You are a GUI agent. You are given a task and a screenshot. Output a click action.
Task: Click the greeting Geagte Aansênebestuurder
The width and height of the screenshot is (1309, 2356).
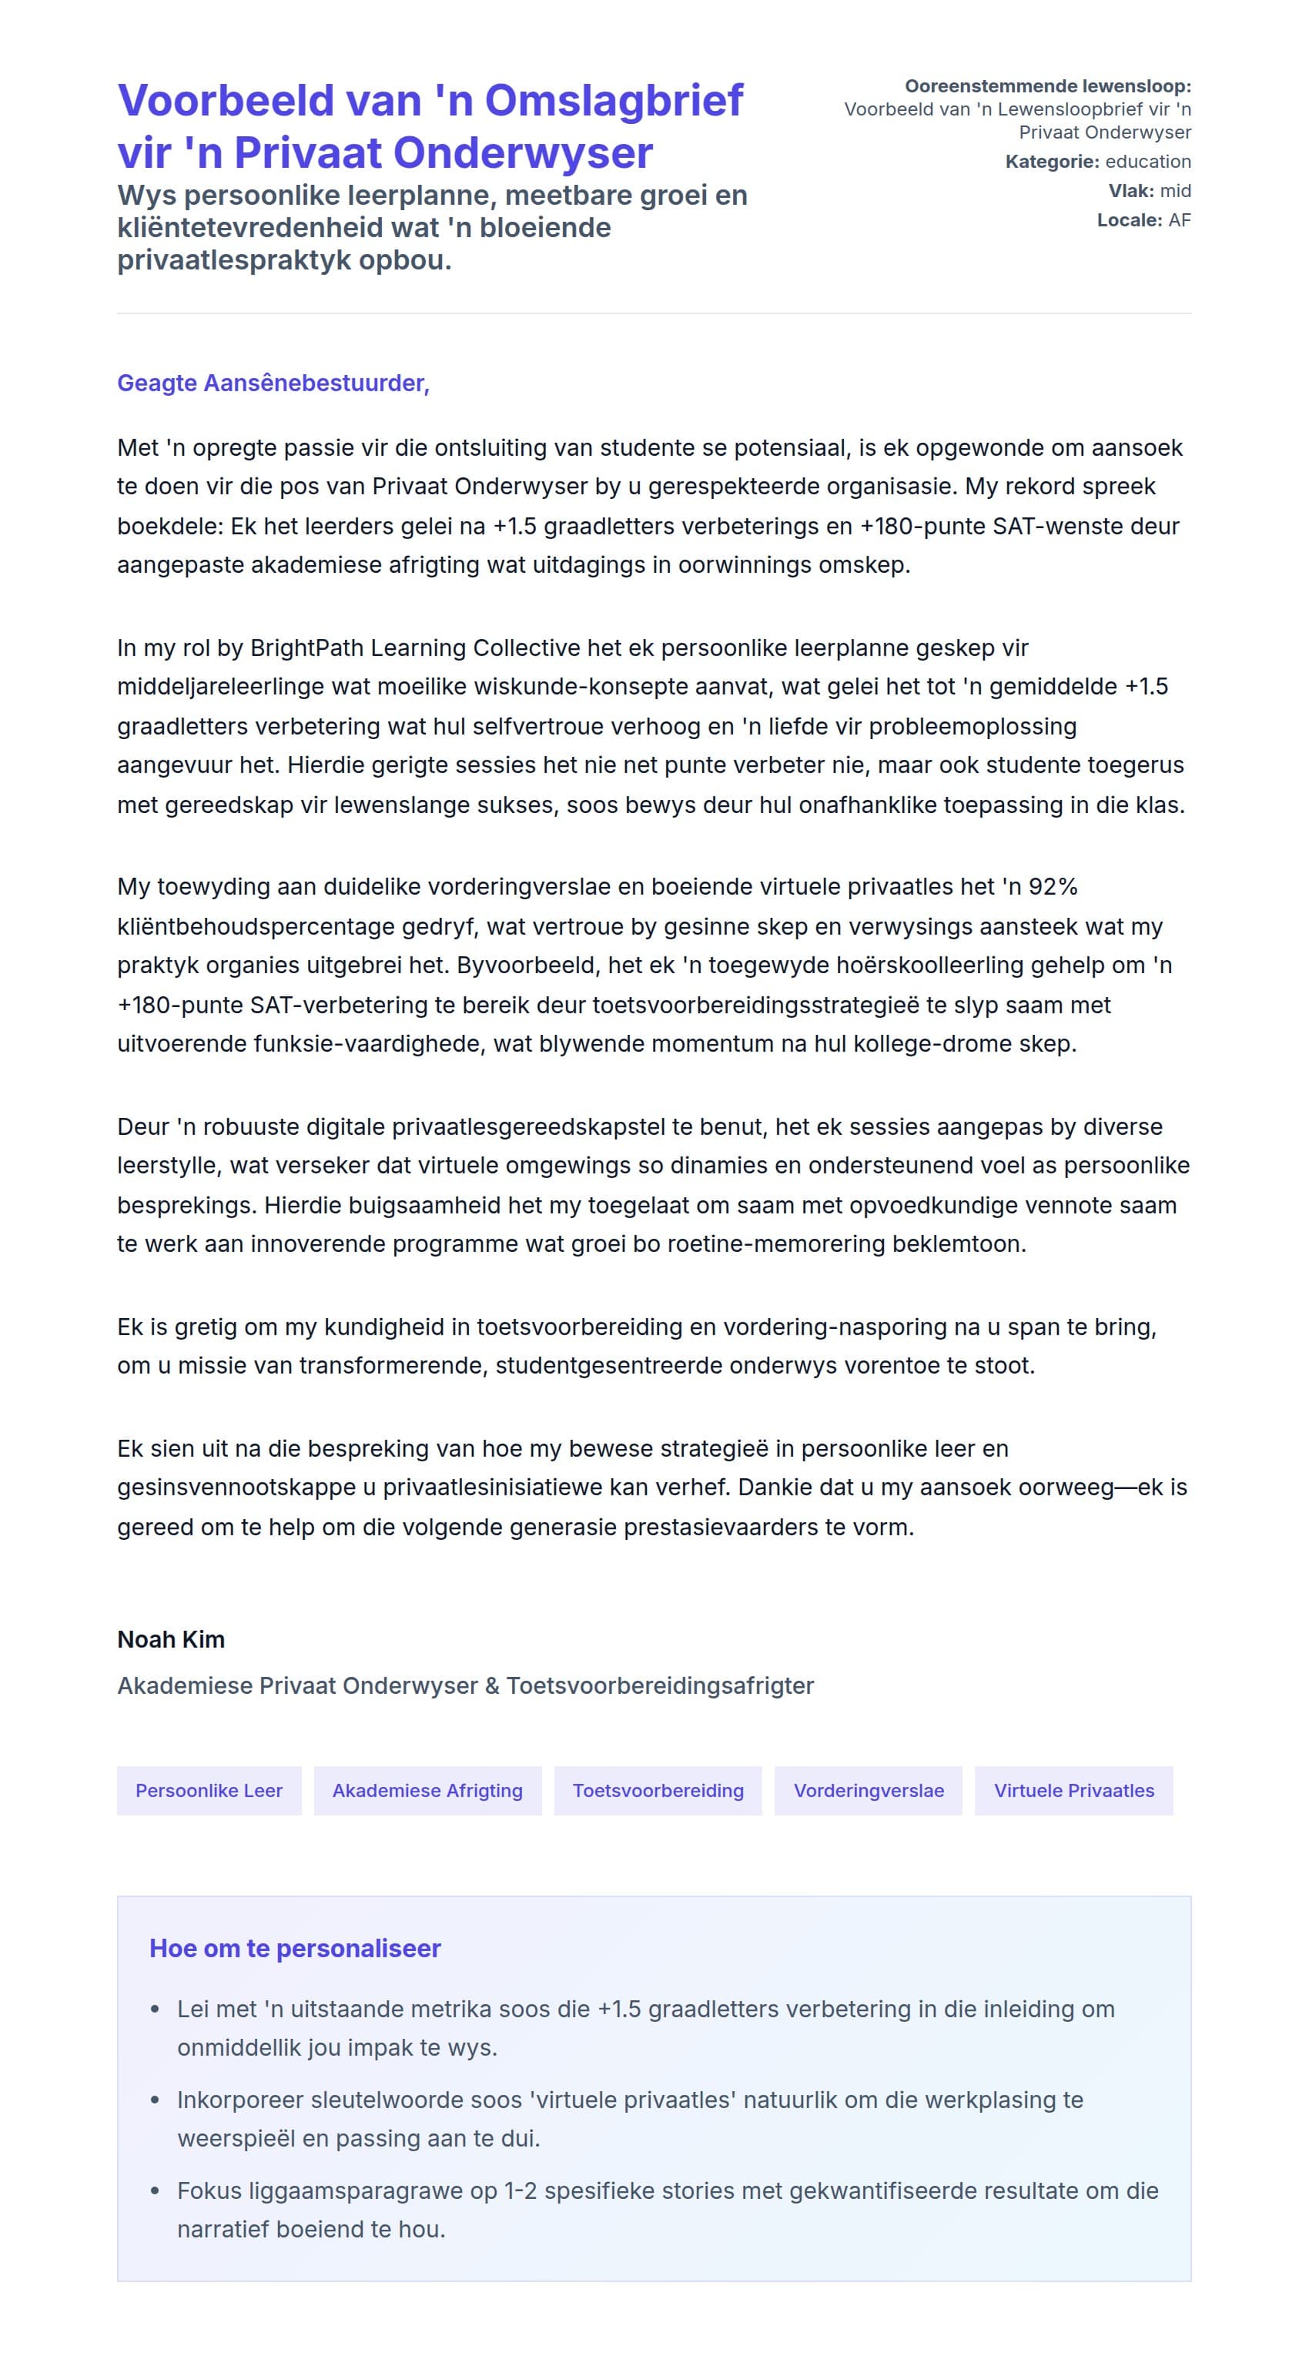(x=273, y=383)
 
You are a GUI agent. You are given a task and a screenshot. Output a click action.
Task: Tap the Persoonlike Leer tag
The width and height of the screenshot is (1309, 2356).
(x=209, y=1790)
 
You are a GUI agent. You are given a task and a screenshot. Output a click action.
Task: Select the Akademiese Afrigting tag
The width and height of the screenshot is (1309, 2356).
(x=427, y=1790)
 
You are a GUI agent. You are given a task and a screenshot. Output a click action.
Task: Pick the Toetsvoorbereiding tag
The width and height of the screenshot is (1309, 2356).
(x=658, y=1790)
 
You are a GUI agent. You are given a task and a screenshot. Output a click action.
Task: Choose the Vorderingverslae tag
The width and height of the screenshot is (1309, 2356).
(x=868, y=1790)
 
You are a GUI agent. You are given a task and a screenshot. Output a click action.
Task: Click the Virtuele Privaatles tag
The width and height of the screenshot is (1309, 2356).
(x=1073, y=1790)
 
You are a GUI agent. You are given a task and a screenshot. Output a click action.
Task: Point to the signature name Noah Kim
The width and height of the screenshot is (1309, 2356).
(x=171, y=1639)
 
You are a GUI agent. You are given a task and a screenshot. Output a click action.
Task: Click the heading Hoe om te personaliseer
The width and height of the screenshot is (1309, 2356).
(x=295, y=1948)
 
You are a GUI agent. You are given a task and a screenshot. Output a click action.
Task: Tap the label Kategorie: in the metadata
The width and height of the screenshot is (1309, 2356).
(x=1052, y=162)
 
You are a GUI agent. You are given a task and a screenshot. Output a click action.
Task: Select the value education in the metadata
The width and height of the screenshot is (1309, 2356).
(x=1147, y=162)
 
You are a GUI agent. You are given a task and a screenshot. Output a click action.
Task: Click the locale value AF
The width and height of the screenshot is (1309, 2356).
(x=1179, y=220)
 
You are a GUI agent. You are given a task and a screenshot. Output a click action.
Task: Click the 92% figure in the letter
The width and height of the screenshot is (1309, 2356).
(x=1052, y=886)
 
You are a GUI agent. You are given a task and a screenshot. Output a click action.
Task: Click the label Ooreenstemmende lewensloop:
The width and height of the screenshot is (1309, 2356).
(x=1047, y=86)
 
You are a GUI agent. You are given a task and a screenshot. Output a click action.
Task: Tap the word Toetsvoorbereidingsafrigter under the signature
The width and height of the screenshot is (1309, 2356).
(x=660, y=1685)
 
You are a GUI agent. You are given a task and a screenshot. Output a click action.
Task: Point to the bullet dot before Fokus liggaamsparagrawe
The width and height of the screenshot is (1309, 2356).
(x=155, y=2190)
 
